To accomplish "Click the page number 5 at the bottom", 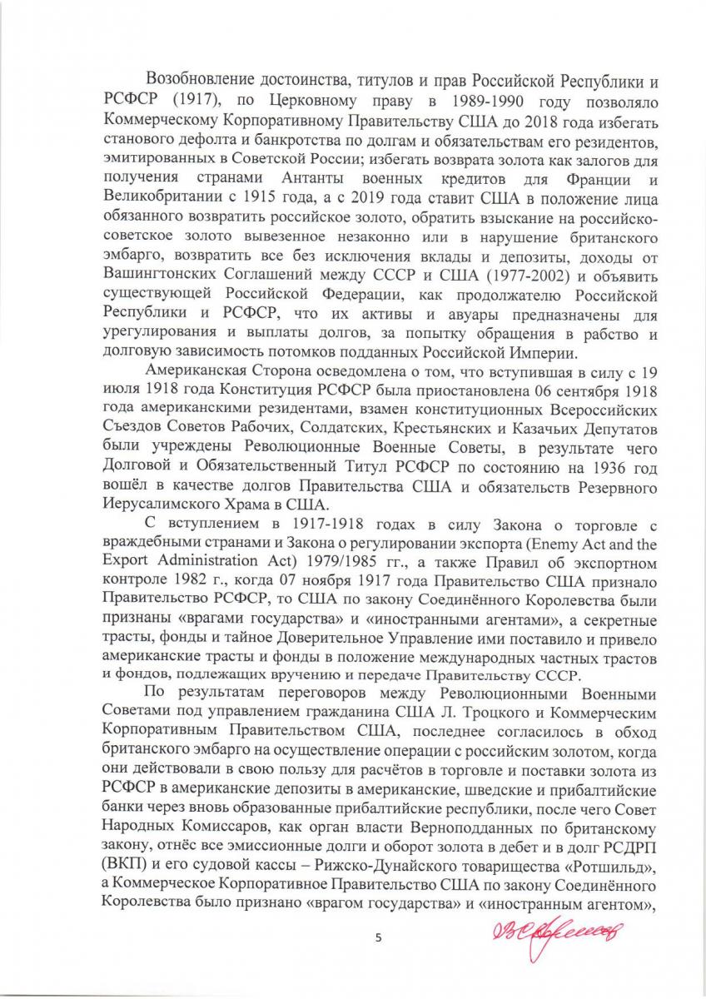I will click(378, 938).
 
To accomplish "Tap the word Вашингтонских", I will click(159, 276).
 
